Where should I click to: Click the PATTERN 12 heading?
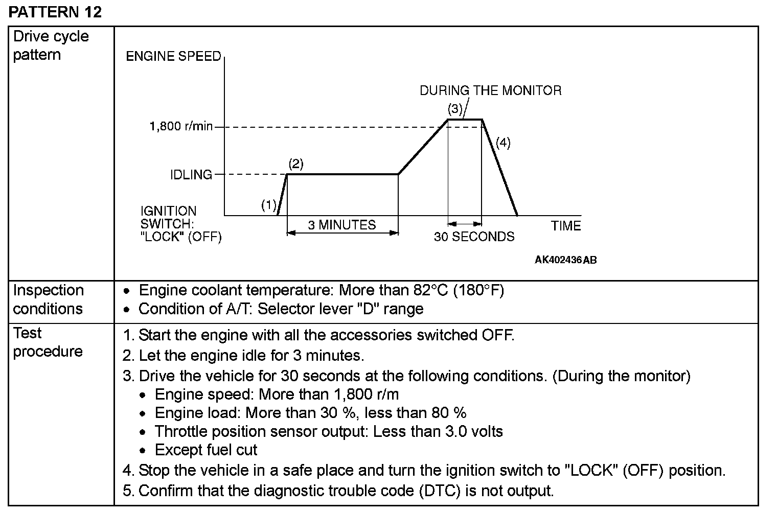(x=55, y=11)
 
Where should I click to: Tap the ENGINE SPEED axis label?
(x=173, y=56)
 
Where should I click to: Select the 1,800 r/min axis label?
(x=181, y=126)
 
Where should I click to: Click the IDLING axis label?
(x=191, y=175)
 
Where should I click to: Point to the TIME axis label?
(x=566, y=226)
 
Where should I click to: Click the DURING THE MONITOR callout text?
(x=490, y=91)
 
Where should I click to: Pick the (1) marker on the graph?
(x=269, y=205)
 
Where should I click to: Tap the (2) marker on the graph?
(x=296, y=164)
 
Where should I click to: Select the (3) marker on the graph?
(x=455, y=109)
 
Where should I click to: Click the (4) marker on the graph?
(x=503, y=143)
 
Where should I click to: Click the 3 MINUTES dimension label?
(x=342, y=225)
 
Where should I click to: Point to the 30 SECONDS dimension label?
(x=474, y=237)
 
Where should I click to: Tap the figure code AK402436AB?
(x=565, y=260)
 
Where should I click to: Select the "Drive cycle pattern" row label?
(x=51, y=45)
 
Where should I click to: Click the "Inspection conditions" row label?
(x=48, y=299)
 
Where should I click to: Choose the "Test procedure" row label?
(x=48, y=342)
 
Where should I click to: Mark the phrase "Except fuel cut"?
(x=206, y=450)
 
